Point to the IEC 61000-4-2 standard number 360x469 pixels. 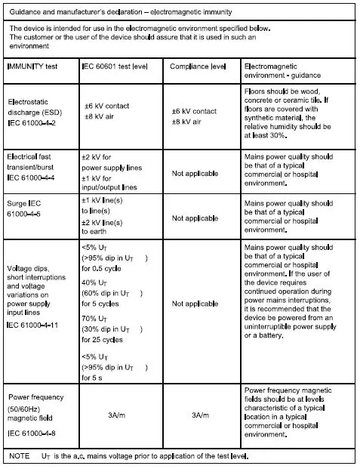(33, 121)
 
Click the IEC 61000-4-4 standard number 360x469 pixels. (33, 177)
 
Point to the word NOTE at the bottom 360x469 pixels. (19, 457)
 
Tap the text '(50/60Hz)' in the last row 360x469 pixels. (26, 409)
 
